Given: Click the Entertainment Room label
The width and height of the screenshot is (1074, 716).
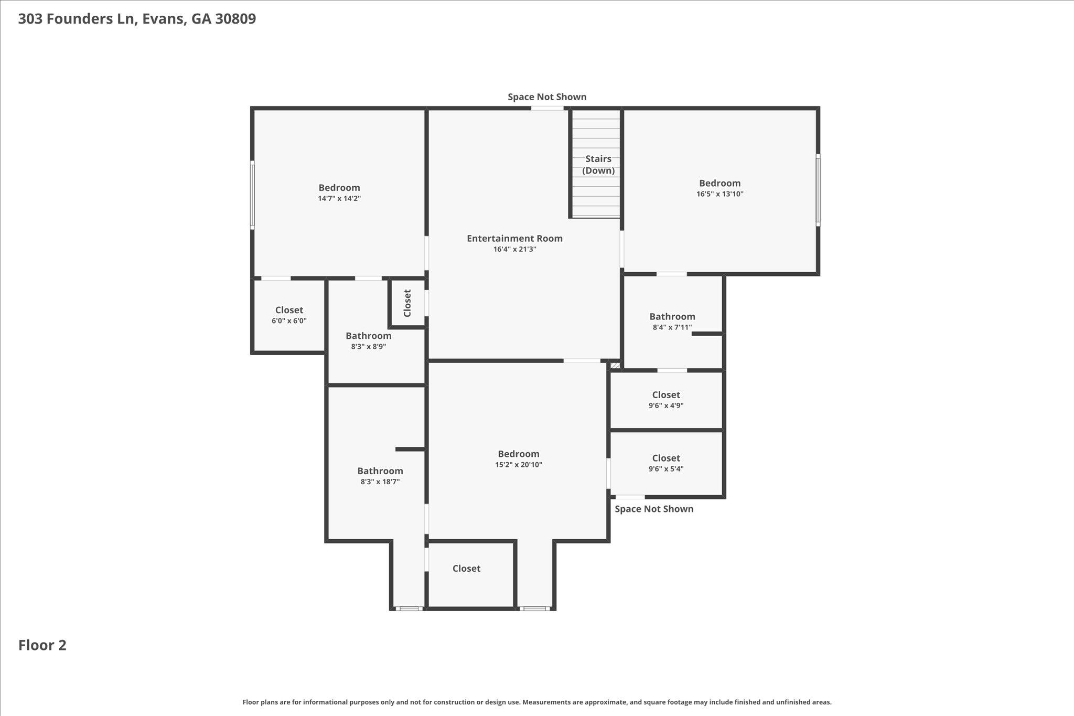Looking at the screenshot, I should (x=514, y=238).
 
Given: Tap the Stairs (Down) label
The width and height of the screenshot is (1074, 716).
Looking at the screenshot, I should (x=598, y=164).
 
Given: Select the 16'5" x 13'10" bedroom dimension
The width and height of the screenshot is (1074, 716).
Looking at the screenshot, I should (x=719, y=194).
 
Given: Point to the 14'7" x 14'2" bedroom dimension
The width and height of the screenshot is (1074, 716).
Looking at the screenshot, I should (x=339, y=198).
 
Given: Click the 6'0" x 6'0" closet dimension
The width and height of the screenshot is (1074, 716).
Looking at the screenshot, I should (x=289, y=320).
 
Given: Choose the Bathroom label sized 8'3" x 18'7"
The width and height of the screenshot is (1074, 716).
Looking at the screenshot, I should (x=380, y=471).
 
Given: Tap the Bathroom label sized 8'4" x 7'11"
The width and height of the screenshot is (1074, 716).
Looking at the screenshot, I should (x=672, y=316).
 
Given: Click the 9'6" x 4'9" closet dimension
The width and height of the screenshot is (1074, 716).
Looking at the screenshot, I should (x=666, y=405).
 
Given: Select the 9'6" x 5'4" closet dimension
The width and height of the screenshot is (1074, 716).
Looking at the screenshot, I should (x=666, y=469).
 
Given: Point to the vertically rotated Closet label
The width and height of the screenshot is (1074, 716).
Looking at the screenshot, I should (x=407, y=303).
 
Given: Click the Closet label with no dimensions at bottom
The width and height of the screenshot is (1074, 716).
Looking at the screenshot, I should (x=466, y=569).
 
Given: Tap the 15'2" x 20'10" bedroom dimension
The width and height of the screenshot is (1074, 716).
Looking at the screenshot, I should (x=519, y=465).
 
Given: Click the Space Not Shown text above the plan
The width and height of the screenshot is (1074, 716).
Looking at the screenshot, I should (x=547, y=97).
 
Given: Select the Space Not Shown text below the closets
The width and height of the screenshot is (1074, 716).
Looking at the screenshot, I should (x=654, y=509).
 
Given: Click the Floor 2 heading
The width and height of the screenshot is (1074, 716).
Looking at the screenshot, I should (x=42, y=645).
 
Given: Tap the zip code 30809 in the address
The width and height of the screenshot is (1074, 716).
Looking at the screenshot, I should (x=235, y=19).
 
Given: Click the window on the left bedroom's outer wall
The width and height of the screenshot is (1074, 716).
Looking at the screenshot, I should (x=252, y=195).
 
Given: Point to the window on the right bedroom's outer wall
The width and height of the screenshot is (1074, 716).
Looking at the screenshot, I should (x=818, y=190).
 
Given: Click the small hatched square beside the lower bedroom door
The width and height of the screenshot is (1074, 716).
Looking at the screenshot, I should (x=615, y=365).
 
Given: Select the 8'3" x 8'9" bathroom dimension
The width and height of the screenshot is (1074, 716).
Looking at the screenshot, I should (x=368, y=347).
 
